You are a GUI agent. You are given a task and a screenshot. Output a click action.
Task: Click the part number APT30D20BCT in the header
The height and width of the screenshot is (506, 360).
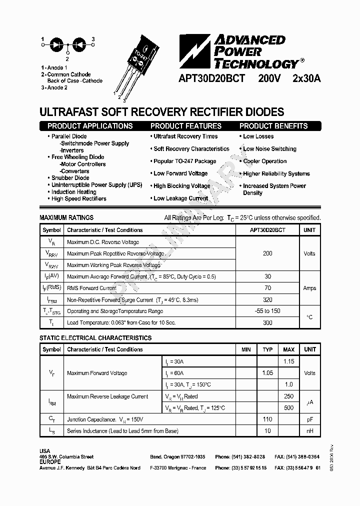pos(211,78)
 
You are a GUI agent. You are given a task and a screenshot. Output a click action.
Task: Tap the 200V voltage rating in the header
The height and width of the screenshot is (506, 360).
pos(269,78)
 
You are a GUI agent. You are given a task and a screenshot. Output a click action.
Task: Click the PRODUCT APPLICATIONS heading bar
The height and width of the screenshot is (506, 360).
pos(90,126)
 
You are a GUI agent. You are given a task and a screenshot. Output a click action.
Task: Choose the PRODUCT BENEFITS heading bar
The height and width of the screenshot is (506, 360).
pos(273,126)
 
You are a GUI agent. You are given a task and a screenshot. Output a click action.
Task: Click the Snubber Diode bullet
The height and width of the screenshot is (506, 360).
pos(70,178)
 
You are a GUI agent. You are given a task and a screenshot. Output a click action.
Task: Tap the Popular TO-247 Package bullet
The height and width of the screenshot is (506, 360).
pos(185,161)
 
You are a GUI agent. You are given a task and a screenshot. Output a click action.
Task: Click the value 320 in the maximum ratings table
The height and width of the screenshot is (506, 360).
pos(267,300)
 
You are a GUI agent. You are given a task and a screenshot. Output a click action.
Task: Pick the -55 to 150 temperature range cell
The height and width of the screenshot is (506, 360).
pos(267,311)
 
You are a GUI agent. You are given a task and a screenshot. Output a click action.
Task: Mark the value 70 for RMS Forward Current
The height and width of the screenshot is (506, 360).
pos(267,288)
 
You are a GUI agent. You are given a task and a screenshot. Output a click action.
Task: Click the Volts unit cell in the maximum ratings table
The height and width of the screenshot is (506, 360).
pos(309,253)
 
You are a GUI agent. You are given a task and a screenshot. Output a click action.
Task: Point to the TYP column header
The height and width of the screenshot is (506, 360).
pos(268,349)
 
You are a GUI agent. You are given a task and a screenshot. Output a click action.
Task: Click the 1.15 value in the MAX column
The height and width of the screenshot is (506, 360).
pos(289,361)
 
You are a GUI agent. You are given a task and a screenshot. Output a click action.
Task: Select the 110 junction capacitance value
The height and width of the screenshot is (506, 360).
pos(268,419)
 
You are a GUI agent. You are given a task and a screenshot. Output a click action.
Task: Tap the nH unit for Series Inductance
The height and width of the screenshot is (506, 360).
pos(310,430)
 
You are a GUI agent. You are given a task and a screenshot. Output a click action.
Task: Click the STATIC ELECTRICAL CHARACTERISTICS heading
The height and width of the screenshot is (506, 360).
pos(95,338)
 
